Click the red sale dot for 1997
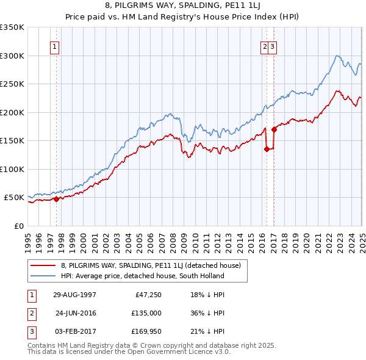(x=56, y=199)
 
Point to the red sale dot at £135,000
(x=267, y=149)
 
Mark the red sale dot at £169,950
(x=274, y=129)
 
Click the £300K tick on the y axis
(x=12, y=56)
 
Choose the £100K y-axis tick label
(x=12, y=169)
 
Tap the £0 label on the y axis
(x=18, y=226)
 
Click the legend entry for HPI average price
(x=142, y=276)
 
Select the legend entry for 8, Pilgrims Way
(x=151, y=265)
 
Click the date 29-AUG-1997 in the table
(x=74, y=295)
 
